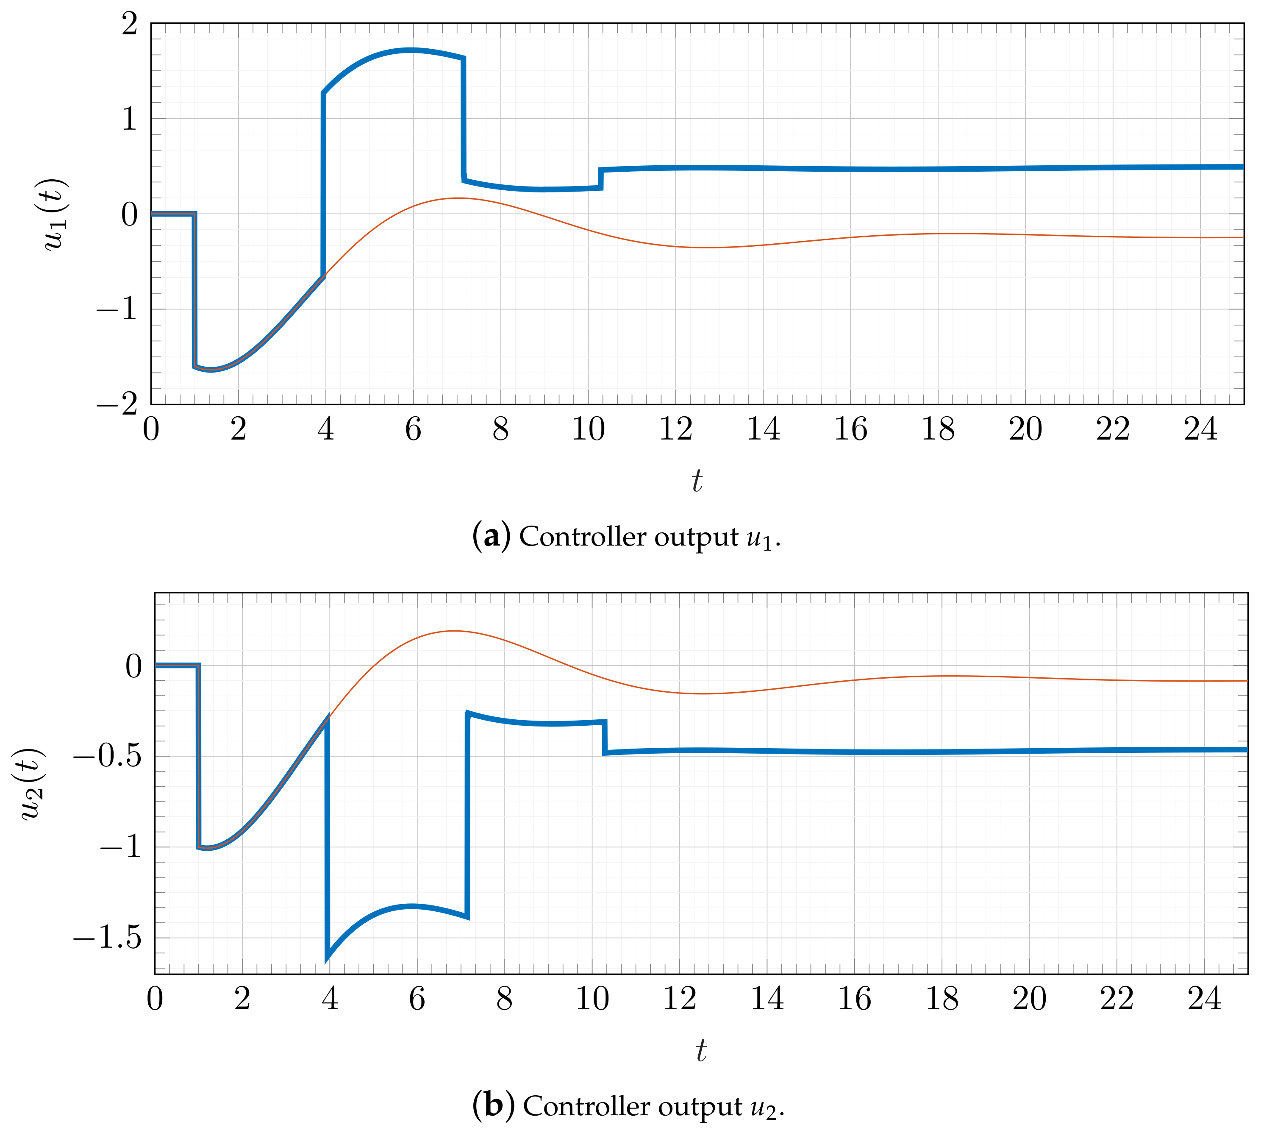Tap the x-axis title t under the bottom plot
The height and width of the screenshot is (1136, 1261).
(x=701, y=1050)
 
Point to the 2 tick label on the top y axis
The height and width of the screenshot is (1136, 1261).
(x=129, y=25)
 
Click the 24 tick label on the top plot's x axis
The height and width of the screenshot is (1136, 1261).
(x=1200, y=429)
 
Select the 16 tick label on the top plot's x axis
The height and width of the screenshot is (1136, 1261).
(x=850, y=429)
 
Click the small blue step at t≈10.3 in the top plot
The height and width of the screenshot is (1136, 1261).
(x=600, y=178)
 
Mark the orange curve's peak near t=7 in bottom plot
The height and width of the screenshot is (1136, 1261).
(x=454, y=631)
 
